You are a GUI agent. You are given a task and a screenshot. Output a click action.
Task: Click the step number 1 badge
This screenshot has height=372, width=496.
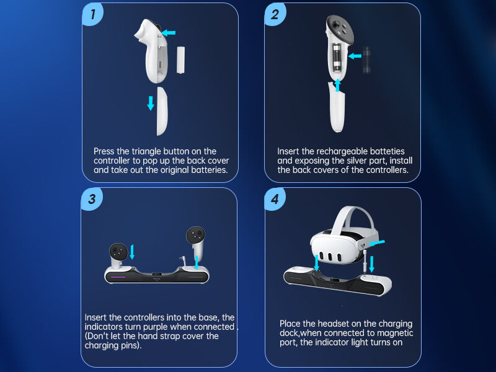(92, 14)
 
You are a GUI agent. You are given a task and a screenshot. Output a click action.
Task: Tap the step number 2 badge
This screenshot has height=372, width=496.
(275, 14)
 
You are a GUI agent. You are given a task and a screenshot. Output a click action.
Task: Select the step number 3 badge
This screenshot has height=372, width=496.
(92, 199)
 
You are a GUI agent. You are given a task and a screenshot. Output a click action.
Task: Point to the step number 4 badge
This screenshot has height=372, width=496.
(275, 199)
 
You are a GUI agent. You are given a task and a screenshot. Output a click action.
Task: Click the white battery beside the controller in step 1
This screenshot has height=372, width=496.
(180, 60)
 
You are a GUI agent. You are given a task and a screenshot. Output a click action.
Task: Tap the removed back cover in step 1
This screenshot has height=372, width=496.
(162, 111)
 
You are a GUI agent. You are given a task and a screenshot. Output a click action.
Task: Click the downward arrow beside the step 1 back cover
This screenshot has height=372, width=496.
(151, 103)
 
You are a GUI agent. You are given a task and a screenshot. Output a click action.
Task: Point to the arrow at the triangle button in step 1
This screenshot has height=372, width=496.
(168, 33)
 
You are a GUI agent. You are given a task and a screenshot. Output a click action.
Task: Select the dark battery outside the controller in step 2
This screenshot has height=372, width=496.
(366, 60)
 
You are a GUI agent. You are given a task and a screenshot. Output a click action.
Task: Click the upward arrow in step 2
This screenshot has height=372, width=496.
(337, 85)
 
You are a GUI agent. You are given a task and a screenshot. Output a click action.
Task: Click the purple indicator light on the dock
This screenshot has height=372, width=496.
(118, 277)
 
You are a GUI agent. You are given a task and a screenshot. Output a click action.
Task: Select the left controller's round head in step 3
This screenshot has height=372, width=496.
(118, 252)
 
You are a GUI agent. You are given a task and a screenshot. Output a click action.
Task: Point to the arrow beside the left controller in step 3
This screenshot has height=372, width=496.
(132, 252)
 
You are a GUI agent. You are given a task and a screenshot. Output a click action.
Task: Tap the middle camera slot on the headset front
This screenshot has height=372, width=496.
(330, 257)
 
